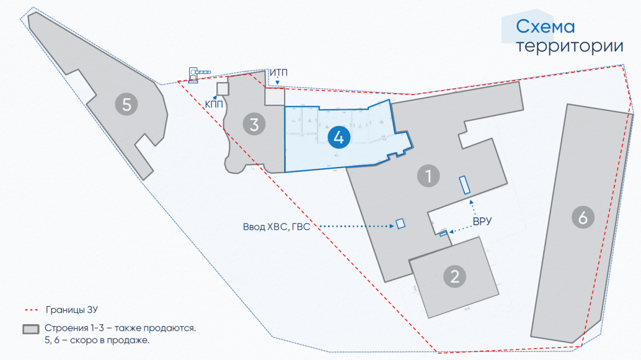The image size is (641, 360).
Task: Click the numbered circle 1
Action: click(x=428, y=175)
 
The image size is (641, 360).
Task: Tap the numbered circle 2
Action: click(x=455, y=277)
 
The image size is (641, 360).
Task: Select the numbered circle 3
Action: click(x=254, y=124)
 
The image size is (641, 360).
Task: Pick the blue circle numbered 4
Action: click(x=339, y=137)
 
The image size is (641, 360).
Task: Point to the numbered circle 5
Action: click(x=127, y=104)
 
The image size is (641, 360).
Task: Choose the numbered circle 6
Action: click(x=582, y=217)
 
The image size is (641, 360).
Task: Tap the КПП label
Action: click(x=214, y=104)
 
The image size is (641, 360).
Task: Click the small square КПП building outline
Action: click(x=223, y=89)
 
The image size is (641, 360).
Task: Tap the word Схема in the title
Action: click(x=545, y=27)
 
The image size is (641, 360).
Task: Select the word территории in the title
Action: click(x=569, y=46)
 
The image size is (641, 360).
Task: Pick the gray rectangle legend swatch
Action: click(x=32, y=328)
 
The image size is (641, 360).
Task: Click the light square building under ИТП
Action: click(x=276, y=96)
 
